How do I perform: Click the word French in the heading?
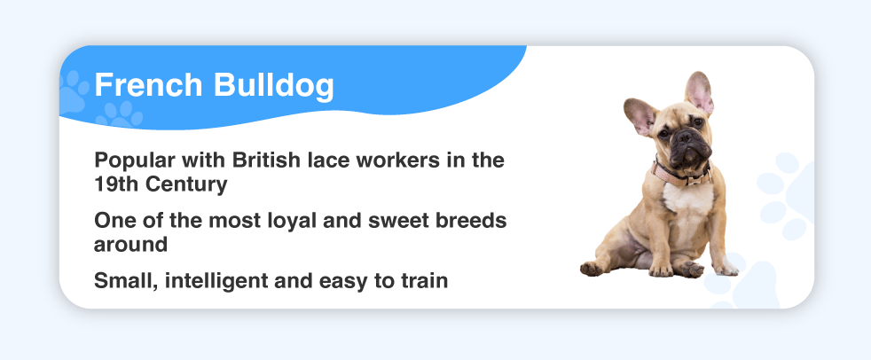coord(148,85)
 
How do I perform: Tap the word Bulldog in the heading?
coord(274,86)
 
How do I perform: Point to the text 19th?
coord(116,184)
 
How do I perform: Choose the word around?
coord(131,245)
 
